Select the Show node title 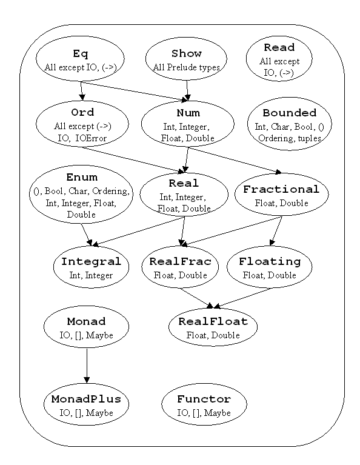pyautogui.click(x=187, y=54)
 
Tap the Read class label pyautogui.click(x=279, y=47)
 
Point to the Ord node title pyautogui.click(x=82, y=113)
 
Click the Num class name pyautogui.click(x=187, y=113)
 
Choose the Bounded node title pyautogui.click(x=289, y=113)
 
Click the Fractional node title pyautogui.click(x=281, y=189)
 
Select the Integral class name pyautogui.click(x=91, y=262)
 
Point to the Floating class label pyautogui.click(x=270, y=262)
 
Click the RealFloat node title pyautogui.click(x=213, y=321)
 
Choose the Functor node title pyautogui.click(x=204, y=400)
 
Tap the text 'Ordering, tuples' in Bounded pyautogui.click(x=289, y=138)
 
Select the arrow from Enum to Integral pyautogui.click(x=87, y=232)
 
